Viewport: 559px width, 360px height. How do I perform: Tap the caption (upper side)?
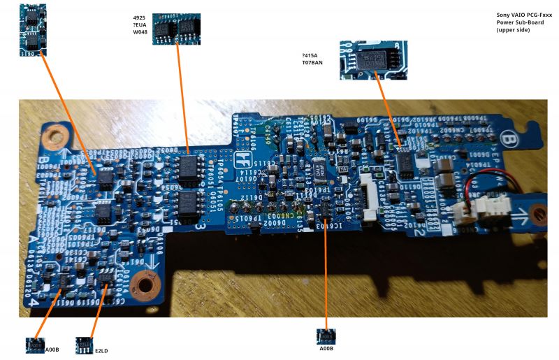pyautogui.click(x=514, y=30)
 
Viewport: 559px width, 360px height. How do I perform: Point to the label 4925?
pyautogui.click(x=139, y=17)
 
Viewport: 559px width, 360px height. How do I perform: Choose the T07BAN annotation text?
pyautogui.click(x=312, y=63)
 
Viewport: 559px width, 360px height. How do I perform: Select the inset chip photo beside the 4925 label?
pyautogui.click(x=176, y=28)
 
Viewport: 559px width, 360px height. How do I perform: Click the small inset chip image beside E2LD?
pyautogui.click(x=85, y=345)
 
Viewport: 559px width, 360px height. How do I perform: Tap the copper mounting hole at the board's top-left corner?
pyautogui.click(x=50, y=137)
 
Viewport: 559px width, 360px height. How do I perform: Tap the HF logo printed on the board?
pyautogui.click(x=242, y=160)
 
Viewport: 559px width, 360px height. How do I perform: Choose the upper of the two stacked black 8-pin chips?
pyautogui.click(x=187, y=168)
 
